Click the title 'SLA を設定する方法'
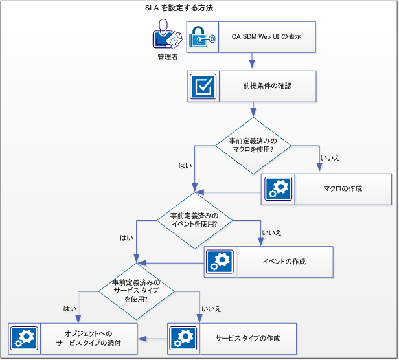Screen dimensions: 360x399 point(179,8)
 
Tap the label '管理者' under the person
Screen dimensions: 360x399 point(167,57)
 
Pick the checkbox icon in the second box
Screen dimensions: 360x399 point(203,86)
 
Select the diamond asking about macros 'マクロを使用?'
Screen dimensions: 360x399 point(253,145)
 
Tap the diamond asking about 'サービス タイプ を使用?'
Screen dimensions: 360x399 point(135,291)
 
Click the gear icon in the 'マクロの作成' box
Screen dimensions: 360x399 point(278,189)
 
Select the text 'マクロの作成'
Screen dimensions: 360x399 point(342,189)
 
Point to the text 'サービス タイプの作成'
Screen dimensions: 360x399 point(247,339)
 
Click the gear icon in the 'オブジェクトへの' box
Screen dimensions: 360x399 point(24,339)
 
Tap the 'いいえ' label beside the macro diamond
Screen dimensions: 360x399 point(330,158)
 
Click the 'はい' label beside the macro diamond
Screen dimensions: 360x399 point(185,165)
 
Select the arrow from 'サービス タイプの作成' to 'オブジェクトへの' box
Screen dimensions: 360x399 point(153,339)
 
